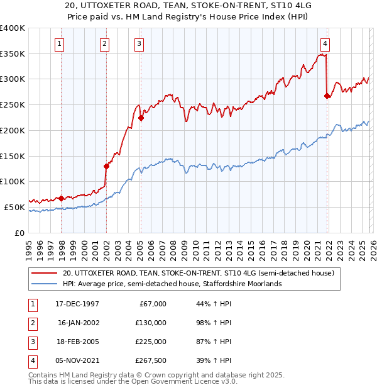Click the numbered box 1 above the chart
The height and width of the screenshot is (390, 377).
pos(59,43)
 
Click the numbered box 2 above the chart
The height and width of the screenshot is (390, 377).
pos(104,43)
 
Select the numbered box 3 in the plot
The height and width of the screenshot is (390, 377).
pos(138,43)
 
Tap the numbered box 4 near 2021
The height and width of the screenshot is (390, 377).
pos(325,43)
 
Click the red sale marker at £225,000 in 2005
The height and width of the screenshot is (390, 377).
pos(141,118)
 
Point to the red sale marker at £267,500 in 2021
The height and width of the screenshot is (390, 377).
pos(327,96)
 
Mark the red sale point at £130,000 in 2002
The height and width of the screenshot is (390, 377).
pos(107,166)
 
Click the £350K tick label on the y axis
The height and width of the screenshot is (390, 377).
pos(13,54)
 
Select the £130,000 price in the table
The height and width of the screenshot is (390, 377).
pos(151,322)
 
